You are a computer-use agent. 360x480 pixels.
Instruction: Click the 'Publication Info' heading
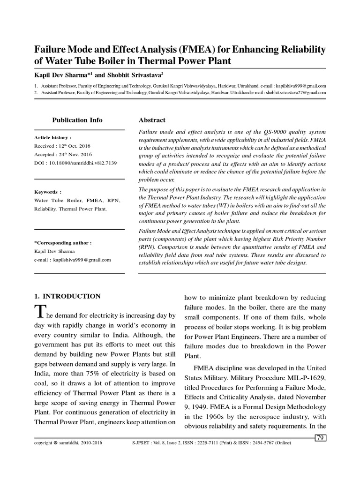(x=77, y=120)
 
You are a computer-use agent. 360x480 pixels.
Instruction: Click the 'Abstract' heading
(x=153, y=120)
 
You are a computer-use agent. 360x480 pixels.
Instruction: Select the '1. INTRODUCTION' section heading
(x=67, y=296)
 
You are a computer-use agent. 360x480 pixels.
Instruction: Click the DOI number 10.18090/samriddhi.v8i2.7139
(x=82, y=163)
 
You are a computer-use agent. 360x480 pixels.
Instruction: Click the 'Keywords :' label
(x=48, y=192)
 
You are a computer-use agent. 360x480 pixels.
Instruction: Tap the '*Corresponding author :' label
(x=63, y=243)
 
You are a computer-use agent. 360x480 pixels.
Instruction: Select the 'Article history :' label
(x=53, y=138)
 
